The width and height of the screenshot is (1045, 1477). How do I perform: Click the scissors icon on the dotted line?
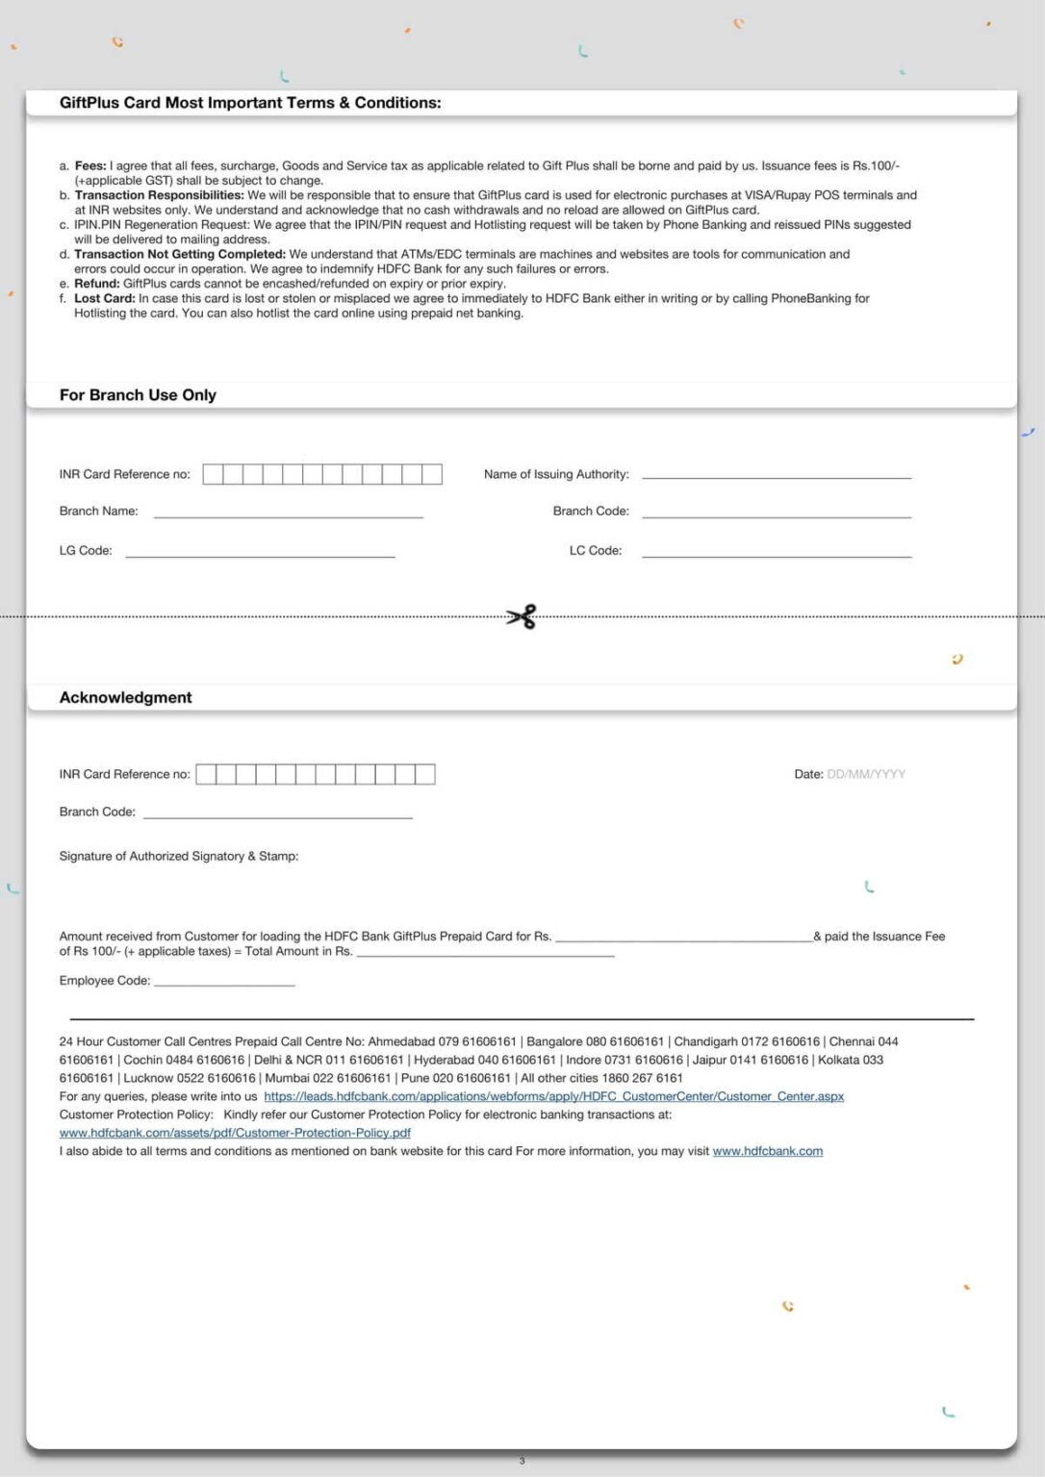522,616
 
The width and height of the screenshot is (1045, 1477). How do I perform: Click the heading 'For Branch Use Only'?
138,395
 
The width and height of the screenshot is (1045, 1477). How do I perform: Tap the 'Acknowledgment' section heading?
126,698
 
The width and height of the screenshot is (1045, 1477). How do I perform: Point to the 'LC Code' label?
595,551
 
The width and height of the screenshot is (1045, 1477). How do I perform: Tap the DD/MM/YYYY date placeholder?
866,774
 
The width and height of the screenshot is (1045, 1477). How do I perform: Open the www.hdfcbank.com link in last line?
767,1151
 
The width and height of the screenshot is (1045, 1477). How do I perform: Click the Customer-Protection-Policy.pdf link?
235,1133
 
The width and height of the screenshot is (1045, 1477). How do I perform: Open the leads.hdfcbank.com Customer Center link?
553,1096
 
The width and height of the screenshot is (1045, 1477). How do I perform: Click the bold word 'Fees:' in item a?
90,166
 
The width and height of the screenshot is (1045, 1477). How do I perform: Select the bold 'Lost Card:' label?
104,299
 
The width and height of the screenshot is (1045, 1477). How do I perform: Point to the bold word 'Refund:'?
96,284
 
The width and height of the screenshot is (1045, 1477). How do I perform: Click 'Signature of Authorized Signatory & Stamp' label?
179,856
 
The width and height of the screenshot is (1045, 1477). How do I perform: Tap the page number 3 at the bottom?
522,1461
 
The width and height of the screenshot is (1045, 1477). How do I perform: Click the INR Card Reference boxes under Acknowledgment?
316,774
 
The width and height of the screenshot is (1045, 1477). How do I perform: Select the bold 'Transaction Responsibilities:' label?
159,195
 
